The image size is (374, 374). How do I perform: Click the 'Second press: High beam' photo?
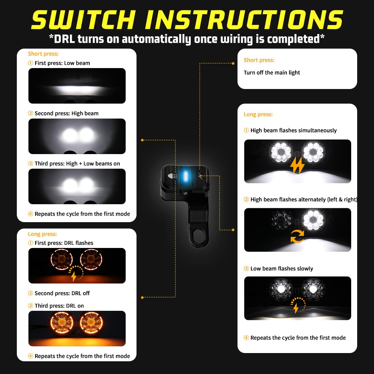(x=77, y=136)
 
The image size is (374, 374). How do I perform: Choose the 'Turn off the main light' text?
(x=272, y=73)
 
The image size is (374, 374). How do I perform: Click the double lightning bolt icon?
(x=298, y=166)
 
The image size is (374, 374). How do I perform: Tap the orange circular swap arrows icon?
(x=298, y=236)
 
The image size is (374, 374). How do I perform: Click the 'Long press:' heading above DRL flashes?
(x=42, y=234)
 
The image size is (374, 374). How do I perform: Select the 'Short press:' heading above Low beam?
(x=43, y=54)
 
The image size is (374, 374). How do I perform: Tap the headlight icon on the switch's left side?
(x=172, y=176)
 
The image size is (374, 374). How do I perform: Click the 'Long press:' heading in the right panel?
(x=258, y=114)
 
